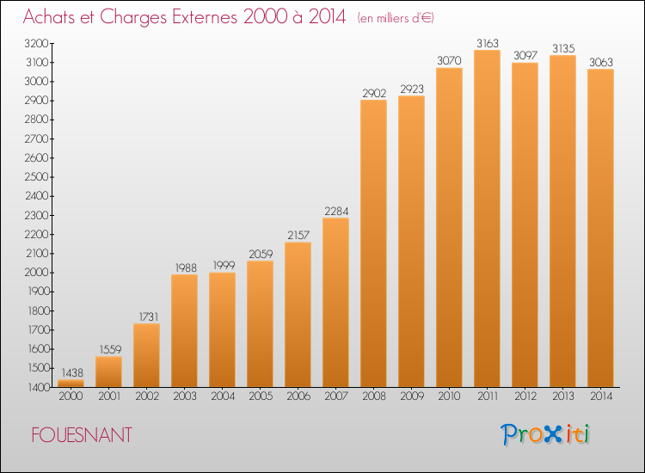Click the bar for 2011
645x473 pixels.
[487, 218]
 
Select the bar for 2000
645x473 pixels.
[71, 384]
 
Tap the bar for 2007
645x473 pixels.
[335, 303]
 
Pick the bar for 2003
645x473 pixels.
[184, 331]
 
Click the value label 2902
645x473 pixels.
[374, 94]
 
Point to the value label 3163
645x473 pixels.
[488, 43]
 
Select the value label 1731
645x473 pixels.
[149, 316]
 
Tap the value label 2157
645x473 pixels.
[298, 236]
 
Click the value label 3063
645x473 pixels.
[601, 62]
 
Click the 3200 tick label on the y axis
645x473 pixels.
[36, 44]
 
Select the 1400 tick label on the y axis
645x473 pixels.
[38, 388]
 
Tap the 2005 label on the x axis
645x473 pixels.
[261, 396]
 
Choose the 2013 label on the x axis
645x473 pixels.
[563, 396]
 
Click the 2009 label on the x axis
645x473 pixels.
[412, 396]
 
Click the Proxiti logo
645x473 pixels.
[545, 434]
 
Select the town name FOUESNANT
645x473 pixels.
[82, 435]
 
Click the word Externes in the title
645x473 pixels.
[204, 17]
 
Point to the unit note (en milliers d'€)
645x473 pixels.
[396, 18]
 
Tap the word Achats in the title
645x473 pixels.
[49, 17]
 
